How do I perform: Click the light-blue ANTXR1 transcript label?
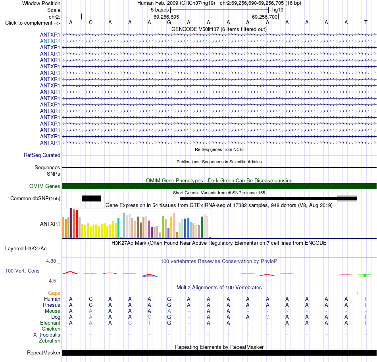point(50,41)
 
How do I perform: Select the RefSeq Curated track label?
point(42,155)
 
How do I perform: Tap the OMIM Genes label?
point(45,186)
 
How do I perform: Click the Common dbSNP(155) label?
point(35,199)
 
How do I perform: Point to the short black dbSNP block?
point(91,198)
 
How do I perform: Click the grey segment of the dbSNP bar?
point(347,198)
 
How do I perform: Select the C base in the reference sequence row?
point(90,22)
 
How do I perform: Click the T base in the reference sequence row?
point(366,22)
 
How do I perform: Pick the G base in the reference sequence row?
point(169,22)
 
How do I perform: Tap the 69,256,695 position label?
point(166,17)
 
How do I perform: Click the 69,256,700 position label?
point(265,17)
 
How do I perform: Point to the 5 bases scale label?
point(160,10)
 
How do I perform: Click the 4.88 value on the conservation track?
point(51,261)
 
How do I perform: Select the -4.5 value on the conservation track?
point(52,281)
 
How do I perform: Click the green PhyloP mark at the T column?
point(365,275)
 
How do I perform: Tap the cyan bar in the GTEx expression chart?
point(118,228)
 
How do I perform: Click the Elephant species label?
point(50,323)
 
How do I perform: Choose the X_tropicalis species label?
point(47,335)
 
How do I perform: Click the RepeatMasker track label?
point(44,352)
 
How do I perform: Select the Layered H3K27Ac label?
point(26,249)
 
